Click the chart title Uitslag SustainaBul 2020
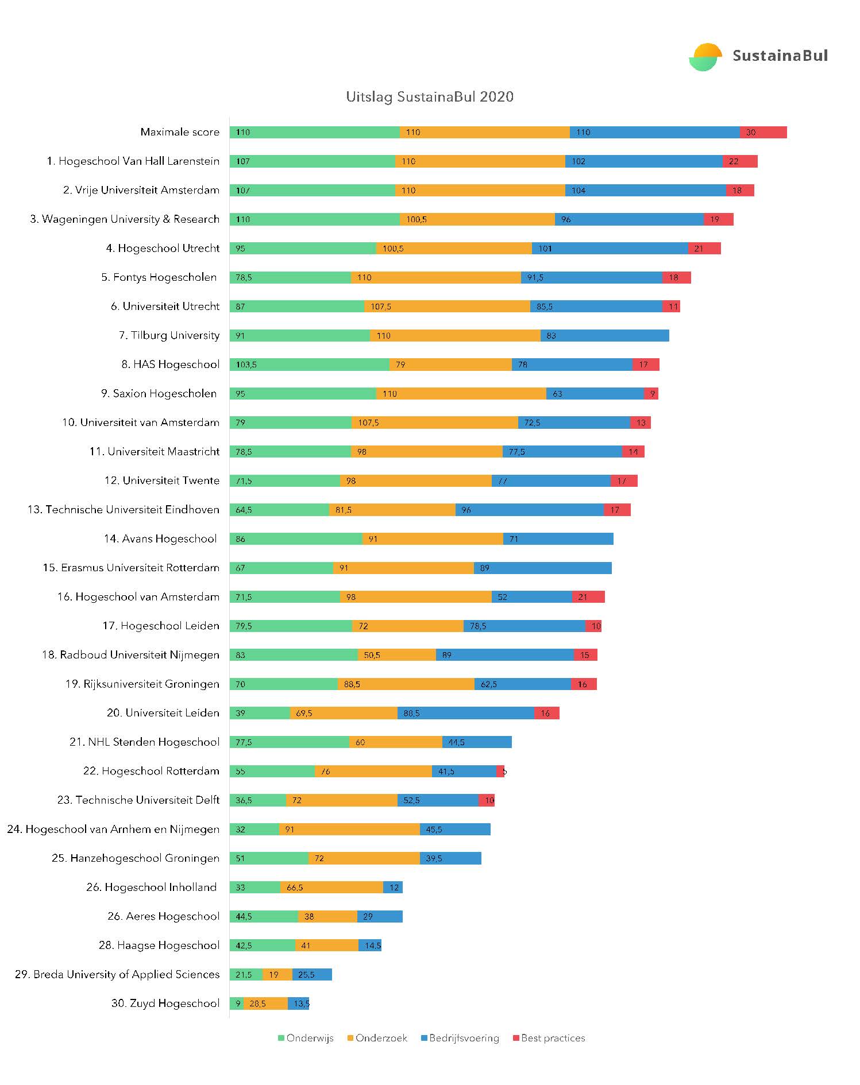pyautogui.click(x=429, y=96)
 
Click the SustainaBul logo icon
pyautogui.click(x=705, y=57)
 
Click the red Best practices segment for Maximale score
pyautogui.click(x=763, y=132)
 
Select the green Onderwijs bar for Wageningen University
pyautogui.click(x=314, y=219)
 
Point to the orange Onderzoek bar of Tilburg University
pyautogui.click(x=455, y=335)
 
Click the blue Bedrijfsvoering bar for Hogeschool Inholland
pyautogui.click(x=393, y=887)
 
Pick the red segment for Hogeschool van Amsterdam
pyautogui.click(x=588, y=596)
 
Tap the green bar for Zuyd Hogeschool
pyautogui.click(x=236, y=1003)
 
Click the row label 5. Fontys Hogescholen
pyautogui.click(x=159, y=277)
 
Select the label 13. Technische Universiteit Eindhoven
pyautogui.click(x=124, y=509)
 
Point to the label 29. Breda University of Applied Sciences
pyautogui.click(x=117, y=974)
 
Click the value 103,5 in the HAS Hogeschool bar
pyautogui.click(x=246, y=365)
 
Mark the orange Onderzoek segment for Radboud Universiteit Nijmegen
pyautogui.click(x=396, y=654)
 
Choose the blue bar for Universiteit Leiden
pyautogui.click(x=465, y=713)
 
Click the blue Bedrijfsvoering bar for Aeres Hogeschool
pyautogui.click(x=380, y=916)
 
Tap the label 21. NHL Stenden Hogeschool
pyautogui.click(x=144, y=742)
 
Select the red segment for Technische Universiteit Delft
pyautogui.click(x=487, y=800)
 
